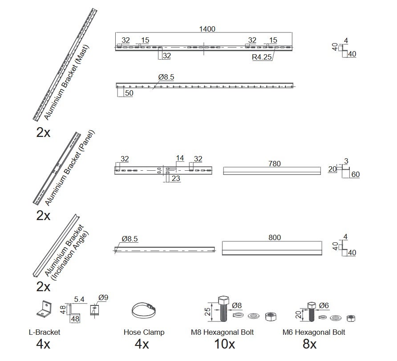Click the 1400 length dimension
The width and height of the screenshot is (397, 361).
tap(207, 29)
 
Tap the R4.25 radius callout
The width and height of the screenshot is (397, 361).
tap(262, 57)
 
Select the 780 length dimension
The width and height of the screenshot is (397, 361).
tap(275, 164)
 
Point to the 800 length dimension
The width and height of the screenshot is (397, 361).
tap(275, 237)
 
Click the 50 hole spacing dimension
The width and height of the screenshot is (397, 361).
tap(129, 93)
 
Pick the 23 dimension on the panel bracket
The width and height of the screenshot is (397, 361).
tap(176, 178)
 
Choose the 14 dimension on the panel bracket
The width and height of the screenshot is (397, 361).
tap(180, 158)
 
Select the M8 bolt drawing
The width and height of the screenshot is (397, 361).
tap(223, 309)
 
